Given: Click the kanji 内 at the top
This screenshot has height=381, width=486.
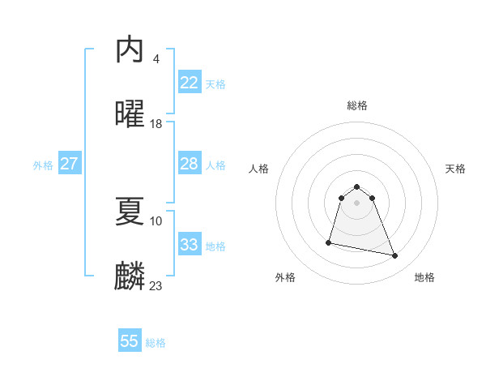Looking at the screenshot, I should tap(130, 49).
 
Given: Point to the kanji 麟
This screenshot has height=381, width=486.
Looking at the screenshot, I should tap(130, 276).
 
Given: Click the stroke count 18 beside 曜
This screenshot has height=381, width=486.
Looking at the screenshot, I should tap(156, 124).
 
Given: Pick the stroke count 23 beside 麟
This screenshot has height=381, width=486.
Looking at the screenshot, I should tap(156, 285).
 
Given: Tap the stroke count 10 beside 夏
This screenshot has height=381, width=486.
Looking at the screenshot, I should tap(156, 220).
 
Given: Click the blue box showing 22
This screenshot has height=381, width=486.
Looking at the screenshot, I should tap(190, 82).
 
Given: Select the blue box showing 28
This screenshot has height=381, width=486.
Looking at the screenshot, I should tap(190, 164).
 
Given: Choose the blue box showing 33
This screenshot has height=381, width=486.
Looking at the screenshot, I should tap(190, 244).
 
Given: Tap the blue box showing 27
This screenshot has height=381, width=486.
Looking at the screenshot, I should tap(70, 164).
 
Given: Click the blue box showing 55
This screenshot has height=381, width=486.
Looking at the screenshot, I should tap(130, 341).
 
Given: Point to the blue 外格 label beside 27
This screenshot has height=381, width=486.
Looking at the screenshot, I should tap(43, 165).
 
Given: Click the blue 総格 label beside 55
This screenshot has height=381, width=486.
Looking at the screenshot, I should tap(156, 343).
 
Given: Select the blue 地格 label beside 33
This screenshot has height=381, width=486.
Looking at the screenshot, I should tap(215, 246).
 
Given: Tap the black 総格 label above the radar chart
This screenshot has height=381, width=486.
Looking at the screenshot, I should tap(357, 105).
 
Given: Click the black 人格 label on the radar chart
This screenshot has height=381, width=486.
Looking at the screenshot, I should tap(258, 169).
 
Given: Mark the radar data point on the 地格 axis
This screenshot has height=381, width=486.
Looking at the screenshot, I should tap(395, 256).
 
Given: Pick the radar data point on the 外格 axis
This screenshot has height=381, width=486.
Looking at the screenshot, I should tap(329, 242).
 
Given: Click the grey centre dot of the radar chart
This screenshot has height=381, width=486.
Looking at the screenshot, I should tap(357, 203).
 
